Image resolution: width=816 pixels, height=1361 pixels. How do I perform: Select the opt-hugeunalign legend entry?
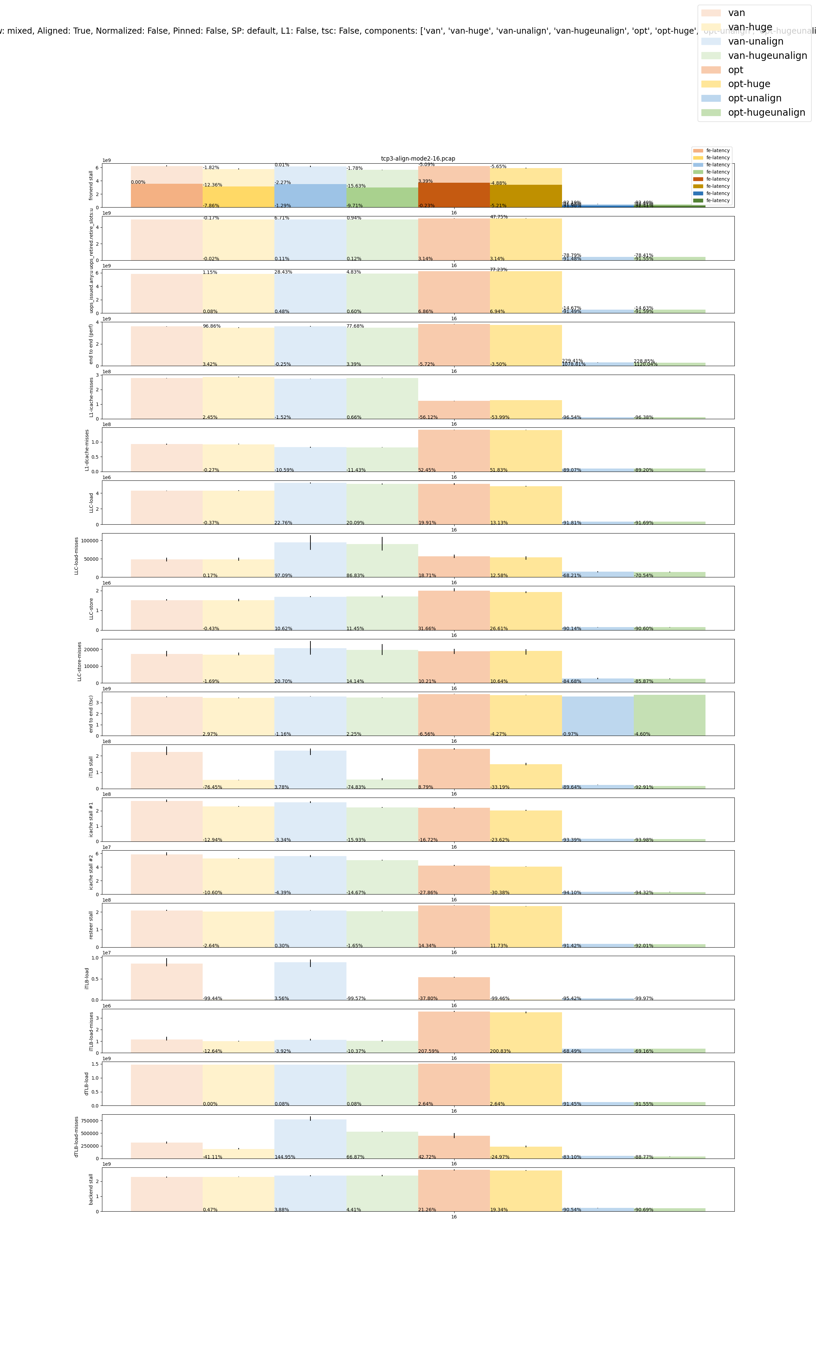[766, 112]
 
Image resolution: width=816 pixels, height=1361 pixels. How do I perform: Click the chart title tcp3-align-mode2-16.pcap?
[418, 159]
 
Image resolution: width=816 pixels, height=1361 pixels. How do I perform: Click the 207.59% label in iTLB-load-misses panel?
[428, 1051]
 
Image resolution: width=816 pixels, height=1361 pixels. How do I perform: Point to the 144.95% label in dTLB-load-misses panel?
[285, 1157]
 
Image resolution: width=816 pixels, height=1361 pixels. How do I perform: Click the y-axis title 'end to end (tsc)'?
[91, 714]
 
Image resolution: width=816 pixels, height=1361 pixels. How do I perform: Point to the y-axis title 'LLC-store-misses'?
[79, 661]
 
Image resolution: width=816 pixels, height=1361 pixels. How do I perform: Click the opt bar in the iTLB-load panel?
[454, 988]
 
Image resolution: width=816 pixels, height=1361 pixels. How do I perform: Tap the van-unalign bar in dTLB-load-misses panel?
[310, 1139]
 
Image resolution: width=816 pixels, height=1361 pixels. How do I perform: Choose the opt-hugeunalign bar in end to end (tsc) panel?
[669, 715]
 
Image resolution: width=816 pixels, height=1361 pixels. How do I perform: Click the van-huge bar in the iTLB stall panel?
[238, 784]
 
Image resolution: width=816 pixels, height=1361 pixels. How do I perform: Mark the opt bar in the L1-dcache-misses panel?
[454, 450]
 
